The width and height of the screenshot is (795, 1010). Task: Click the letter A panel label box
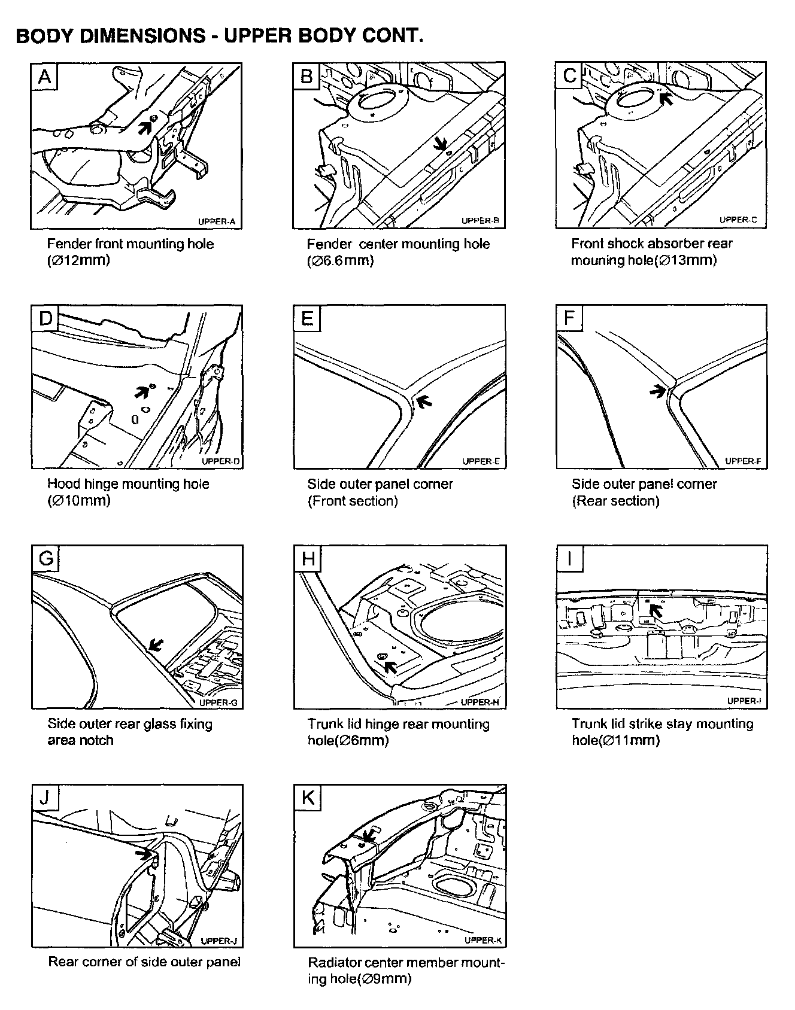45,77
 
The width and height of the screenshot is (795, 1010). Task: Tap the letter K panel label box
308,798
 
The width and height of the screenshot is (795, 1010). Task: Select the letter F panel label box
569,318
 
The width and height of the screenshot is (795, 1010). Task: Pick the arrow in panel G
155,644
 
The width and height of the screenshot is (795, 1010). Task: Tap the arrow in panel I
657,610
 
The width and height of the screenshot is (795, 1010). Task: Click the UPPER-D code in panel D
220,461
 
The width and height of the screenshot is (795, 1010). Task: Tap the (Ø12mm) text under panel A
78,260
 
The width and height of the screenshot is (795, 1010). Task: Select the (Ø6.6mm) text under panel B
340,260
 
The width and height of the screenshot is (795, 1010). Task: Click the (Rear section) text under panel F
615,501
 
